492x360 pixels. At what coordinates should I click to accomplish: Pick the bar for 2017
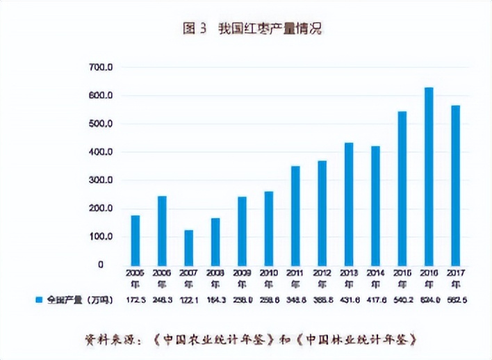455,185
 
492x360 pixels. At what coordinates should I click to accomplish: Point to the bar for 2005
135,240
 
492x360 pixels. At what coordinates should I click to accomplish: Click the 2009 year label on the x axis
242,278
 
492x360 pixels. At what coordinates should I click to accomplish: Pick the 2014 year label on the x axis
375,278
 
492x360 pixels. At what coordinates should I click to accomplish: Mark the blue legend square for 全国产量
40,300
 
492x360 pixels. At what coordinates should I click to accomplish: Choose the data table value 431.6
349,300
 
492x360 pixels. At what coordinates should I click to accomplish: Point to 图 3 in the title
195,29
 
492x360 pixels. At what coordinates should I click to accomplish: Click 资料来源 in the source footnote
110,339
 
